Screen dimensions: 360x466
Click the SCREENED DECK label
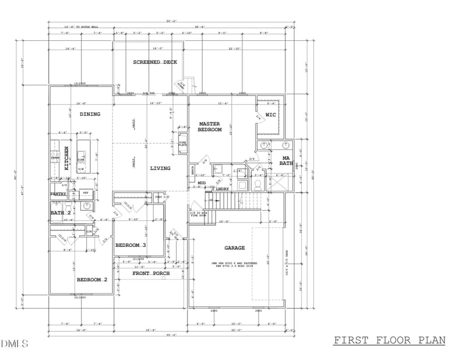coord(155,62)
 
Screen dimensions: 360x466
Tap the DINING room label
coord(90,114)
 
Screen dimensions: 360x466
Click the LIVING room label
coord(160,168)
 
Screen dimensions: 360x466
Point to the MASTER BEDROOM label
coord(210,127)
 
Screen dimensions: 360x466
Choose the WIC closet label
coord(270,115)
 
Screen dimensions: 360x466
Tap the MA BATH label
coord(286,161)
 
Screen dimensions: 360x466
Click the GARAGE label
coord(235,248)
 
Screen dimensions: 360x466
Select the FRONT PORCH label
coord(151,273)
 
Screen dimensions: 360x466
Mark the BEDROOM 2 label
coord(92,280)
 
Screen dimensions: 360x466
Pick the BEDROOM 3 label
coord(130,245)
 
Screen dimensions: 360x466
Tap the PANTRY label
coord(58,193)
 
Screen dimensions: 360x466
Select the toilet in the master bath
coord(257,185)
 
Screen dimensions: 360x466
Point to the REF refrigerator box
coord(85,193)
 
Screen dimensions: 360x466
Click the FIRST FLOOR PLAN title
coord(389,340)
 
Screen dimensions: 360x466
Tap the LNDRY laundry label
coord(222,189)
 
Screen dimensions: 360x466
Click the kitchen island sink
coord(82,156)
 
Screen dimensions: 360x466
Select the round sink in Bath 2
coord(87,206)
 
